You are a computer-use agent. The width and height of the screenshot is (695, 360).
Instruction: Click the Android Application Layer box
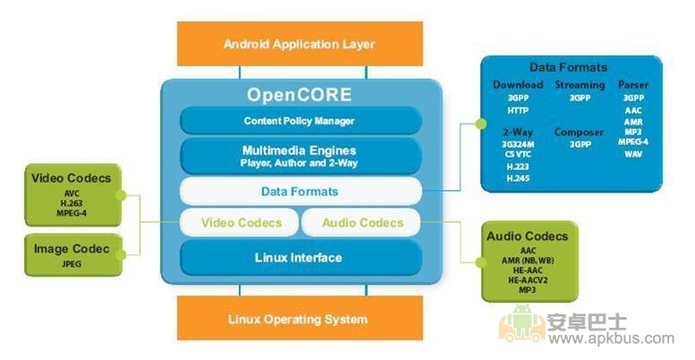(299, 44)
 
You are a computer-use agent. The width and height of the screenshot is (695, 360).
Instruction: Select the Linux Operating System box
(298, 319)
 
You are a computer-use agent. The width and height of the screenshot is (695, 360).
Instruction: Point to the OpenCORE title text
(300, 94)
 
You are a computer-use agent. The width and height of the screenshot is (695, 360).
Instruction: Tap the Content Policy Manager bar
(299, 120)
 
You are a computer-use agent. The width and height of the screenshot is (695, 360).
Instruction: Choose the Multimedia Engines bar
(299, 156)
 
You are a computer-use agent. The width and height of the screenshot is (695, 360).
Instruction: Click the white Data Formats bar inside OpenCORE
(299, 191)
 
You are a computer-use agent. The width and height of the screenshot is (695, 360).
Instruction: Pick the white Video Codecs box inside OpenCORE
(241, 222)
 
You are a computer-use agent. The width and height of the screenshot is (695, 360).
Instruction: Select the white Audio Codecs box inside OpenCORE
(361, 222)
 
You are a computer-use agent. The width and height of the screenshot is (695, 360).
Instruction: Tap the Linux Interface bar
(299, 258)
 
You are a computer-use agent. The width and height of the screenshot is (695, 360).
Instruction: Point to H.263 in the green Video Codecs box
(72, 201)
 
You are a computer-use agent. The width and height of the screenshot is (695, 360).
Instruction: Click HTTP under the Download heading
(517, 110)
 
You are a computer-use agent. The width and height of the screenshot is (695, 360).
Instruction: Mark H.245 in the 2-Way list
(517, 178)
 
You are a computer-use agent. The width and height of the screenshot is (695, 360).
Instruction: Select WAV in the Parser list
(633, 154)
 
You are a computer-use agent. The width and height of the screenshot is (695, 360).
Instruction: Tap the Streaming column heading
(579, 85)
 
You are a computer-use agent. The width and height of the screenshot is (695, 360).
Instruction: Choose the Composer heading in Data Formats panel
(579, 132)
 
